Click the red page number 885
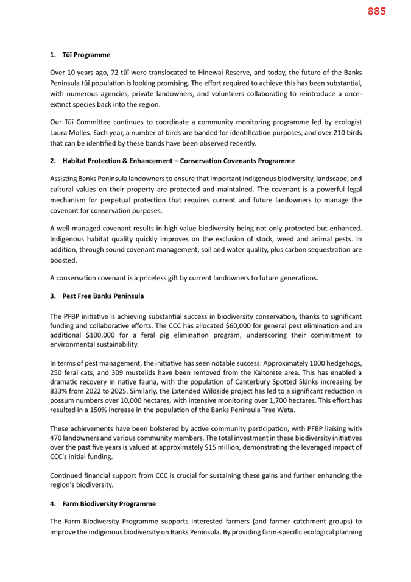(376, 11)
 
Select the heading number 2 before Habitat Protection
(53, 161)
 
